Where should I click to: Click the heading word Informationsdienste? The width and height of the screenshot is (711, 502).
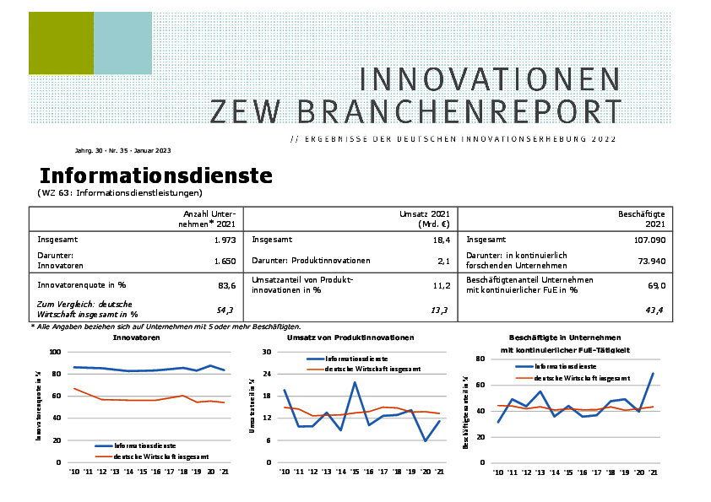pyautogui.click(x=156, y=175)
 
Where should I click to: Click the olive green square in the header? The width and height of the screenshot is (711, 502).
pyautogui.click(x=60, y=43)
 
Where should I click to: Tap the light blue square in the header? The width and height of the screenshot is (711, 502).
pyautogui.click(x=122, y=43)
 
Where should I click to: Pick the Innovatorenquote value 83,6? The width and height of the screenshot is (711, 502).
pyautogui.click(x=227, y=285)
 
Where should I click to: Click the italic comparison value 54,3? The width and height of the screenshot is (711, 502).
pyautogui.click(x=225, y=310)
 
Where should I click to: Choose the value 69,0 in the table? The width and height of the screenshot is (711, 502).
pyautogui.click(x=657, y=285)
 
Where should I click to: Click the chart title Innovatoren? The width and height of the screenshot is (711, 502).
pyautogui.click(x=136, y=337)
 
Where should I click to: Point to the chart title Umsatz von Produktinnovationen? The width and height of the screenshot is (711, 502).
pyautogui.click(x=350, y=337)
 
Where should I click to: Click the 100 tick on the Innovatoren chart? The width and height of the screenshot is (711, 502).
pyautogui.click(x=56, y=352)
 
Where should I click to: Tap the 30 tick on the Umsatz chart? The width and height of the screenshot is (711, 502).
pyautogui.click(x=267, y=352)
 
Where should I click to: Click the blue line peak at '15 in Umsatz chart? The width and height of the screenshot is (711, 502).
pyautogui.click(x=355, y=382)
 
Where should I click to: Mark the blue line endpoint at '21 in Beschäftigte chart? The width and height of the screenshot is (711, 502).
pyautogui.click(x=653, y=373)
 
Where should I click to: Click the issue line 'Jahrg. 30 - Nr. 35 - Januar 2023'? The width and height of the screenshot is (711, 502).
pyautogui.click(x=122, y=150)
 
